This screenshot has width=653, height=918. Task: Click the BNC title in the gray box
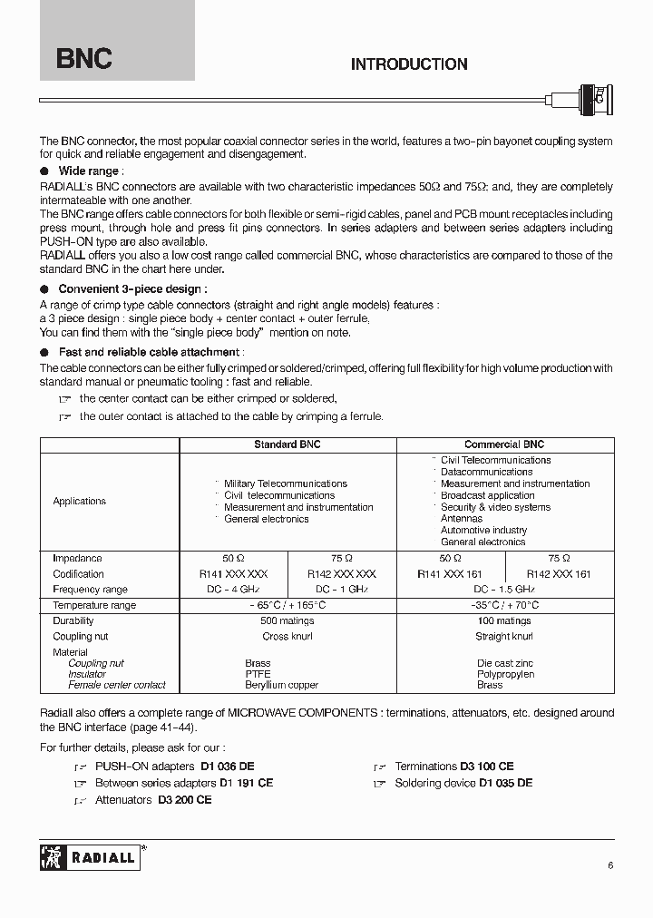pos(84,59)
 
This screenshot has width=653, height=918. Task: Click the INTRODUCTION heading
pos(409,64)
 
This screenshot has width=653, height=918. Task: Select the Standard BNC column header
pos(287,444)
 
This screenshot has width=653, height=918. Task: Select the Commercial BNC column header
pos(504,444)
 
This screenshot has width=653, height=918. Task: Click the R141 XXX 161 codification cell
pos(450,574)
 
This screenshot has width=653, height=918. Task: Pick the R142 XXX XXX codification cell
pos(341,574)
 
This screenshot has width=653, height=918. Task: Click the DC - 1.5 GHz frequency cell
pos(450,590)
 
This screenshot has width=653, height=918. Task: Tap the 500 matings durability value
pos(287,621)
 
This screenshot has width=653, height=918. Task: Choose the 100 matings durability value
pos(504,621)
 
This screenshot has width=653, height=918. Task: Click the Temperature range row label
pos(94,605)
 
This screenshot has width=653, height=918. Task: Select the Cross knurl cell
pos(287,637)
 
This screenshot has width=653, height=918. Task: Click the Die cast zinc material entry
pos(506,663)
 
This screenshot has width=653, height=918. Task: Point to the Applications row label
pos(79,501)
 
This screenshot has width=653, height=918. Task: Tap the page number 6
pos(610,865)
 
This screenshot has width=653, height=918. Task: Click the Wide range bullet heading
pos(88,171)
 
